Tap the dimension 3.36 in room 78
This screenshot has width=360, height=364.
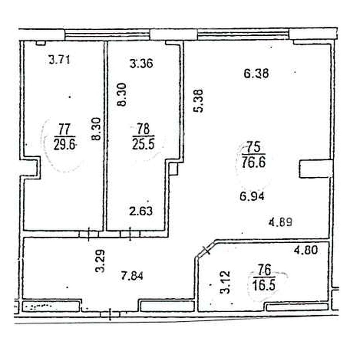[x=141, y=64]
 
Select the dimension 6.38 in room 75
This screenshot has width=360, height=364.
[x=256, y=73]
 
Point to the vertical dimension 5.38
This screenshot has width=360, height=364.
[x=199, y=101]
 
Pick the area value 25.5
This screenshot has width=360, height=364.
[x=143, y=144]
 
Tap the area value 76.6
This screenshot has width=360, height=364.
[x=254, y=162]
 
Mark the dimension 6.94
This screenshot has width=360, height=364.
[x=252, y=197]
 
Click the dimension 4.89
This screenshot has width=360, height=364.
[x=280, y=222]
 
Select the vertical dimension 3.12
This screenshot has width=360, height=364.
[x=225, y=282]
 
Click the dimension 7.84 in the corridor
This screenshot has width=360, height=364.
[x=132, y=275]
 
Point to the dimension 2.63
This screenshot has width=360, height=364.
[x=141, y=211]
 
